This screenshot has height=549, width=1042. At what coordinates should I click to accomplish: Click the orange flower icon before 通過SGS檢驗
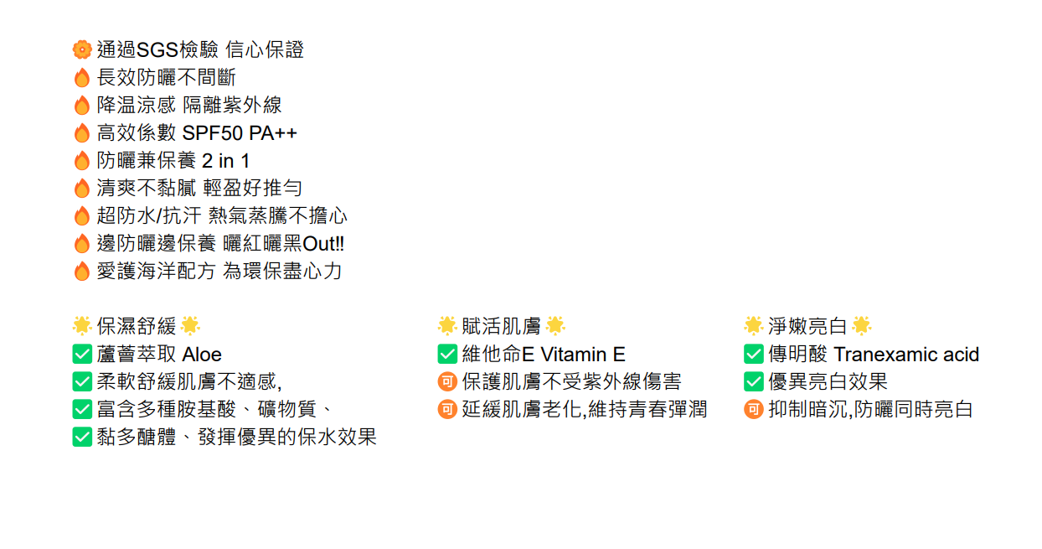click(81, 50)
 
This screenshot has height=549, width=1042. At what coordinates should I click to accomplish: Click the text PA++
click(273, 133)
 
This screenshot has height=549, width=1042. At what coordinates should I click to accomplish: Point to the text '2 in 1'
click(225, 161)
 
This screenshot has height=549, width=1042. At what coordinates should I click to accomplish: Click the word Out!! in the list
click(323, 244)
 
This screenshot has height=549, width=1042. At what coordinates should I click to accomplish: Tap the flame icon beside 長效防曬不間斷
click(81, 78)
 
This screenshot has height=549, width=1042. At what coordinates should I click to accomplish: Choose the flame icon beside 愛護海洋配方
click(81, 272)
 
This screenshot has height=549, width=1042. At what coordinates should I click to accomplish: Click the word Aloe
click(202, 355)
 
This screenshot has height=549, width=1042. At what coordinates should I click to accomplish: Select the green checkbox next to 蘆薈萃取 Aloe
click(82, 355)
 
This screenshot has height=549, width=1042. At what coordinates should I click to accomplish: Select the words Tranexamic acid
click(906, 355)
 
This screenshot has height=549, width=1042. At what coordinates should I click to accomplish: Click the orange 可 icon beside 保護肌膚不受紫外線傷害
click(447, 382)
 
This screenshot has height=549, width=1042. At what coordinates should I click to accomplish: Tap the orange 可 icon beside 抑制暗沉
click(754, 410)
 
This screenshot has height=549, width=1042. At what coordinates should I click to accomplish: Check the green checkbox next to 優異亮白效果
click(754, 382)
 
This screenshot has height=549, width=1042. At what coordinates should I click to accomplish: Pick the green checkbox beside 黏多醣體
click(82, 437)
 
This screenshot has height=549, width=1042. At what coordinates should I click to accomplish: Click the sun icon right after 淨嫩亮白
click(862, 326)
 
